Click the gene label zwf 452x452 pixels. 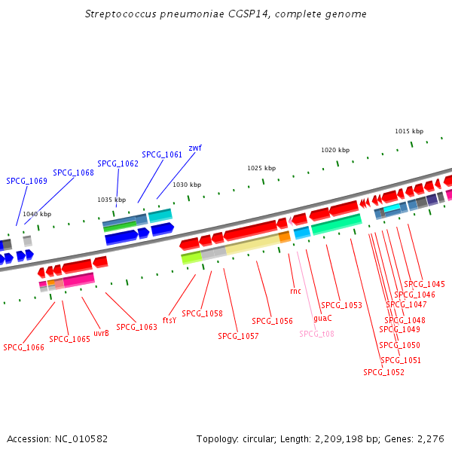coord(195,148)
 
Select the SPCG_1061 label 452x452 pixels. coord(162,154)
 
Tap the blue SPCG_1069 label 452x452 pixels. coord(27,181)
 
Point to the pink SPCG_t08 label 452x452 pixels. coord(317,334)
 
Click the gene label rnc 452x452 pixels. coord(296,291)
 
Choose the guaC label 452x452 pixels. coord(322,318)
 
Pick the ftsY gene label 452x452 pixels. coord(169,320)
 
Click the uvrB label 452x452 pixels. coord(102,333)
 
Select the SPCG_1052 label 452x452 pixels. coord(383,372)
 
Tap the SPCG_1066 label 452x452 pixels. coord(23,347)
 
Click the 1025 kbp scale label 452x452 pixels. coord(261,168)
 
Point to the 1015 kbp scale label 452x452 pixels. coord(409,131)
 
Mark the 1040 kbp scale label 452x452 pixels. coord(37,214)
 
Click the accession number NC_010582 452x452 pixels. coord(81,439)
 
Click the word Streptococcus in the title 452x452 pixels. coord(121,14)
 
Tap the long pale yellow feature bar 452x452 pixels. coord(252,244)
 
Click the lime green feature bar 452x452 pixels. coord(191,258)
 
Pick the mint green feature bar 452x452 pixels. coord(337,224)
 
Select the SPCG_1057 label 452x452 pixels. coord(238,336)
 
